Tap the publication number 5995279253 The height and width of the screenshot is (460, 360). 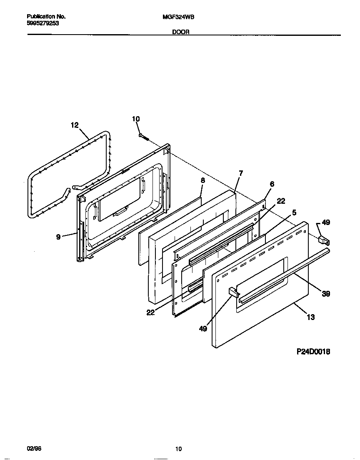pos(43,23)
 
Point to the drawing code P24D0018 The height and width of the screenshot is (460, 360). pos(313,352)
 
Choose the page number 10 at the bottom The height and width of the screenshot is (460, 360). pos(178,449)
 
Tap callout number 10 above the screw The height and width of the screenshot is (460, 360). pos(136,119)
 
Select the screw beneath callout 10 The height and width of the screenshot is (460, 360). pos(144,136)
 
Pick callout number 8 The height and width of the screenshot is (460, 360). pos(203,180)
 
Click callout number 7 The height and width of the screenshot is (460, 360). pos(240,173)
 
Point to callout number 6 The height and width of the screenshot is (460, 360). pos(272,184)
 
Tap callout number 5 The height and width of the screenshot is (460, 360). pos(294,212)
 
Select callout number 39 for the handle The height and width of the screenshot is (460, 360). pos(326,294)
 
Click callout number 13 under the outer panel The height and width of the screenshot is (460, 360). pos(310,317)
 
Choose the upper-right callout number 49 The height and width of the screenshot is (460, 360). pos(326,222)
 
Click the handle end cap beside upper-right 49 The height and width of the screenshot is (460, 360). pos(323,240)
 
